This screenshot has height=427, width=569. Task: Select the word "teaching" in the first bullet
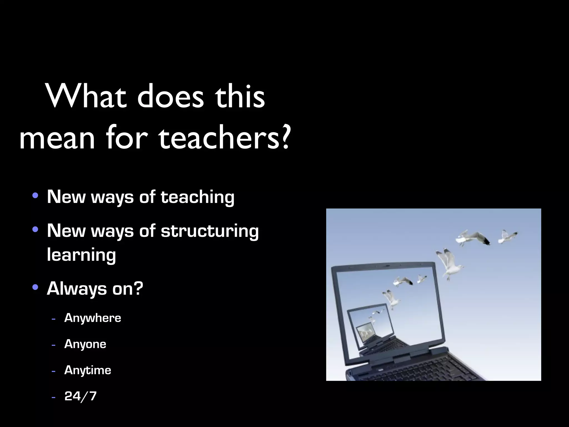[197, 197]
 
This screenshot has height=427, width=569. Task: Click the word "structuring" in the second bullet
[209, 231]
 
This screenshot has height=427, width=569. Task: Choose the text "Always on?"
[95, 289]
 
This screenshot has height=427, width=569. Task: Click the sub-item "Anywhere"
[93, 318]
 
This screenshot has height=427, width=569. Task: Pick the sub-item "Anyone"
[85, 344]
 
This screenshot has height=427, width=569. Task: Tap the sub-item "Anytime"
[88, 370]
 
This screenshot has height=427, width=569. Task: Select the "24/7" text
[80, 396]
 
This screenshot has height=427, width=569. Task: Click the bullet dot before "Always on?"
[35, 287]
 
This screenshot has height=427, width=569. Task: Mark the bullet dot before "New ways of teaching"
[35, 195]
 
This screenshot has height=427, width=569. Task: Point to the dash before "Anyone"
[53, 345]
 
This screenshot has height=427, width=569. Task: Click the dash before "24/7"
[53, 397]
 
